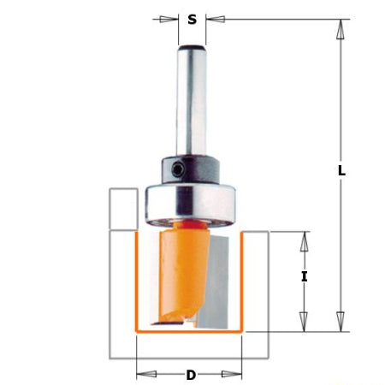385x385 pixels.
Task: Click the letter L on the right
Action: pos(341,170)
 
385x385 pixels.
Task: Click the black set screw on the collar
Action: pos(176,170)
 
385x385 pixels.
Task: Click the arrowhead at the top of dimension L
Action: pos(341,28)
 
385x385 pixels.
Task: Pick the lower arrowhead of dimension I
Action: pos(303,322)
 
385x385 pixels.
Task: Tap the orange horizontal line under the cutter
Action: pos(190,330)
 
